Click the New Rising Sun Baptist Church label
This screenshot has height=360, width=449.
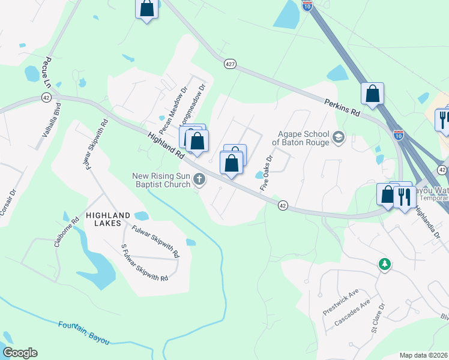[x=161, y=179]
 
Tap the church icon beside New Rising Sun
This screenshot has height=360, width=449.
[x=199, y=179]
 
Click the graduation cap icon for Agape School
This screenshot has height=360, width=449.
[x=339, y=138]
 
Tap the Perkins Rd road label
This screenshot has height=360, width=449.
[x=342, y=108]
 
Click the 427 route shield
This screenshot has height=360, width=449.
[x=229, y=64]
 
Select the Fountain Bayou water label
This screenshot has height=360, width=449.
[x=84, y=332]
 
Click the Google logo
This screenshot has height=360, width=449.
[x=20, y=353]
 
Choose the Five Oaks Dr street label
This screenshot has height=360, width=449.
[x=267, y=173]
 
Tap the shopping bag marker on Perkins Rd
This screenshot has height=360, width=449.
[x=372, y=93]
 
